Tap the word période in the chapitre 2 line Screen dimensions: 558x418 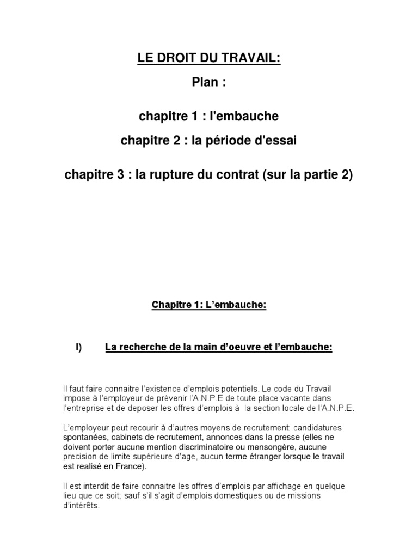pyautogui.click(x=227, y=141)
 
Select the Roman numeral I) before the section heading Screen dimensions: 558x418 pyautogui.click(x=78, y=347)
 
